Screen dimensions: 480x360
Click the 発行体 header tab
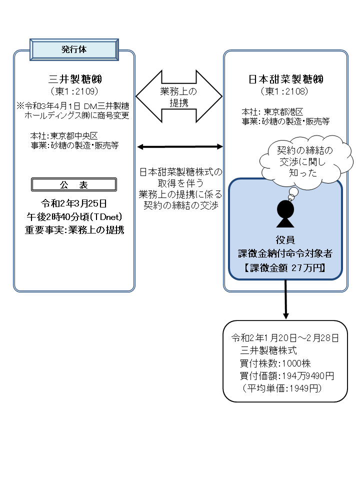[74, 50]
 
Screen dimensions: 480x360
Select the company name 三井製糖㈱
[74, 79]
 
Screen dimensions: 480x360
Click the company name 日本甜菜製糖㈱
[285, 79]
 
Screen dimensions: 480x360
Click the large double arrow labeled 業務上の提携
[179, 96]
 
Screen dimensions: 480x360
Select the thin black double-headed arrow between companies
[179, 146]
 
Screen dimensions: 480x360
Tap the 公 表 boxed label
[74, 185]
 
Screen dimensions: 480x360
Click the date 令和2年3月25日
[74, 204]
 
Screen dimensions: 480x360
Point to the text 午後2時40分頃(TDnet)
[74, 217]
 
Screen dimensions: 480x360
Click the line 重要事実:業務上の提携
[74, 230]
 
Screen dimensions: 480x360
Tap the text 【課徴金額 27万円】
[285, 267]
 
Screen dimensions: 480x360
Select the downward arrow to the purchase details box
[285, 300]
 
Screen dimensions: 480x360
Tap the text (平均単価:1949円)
[280, 388]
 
